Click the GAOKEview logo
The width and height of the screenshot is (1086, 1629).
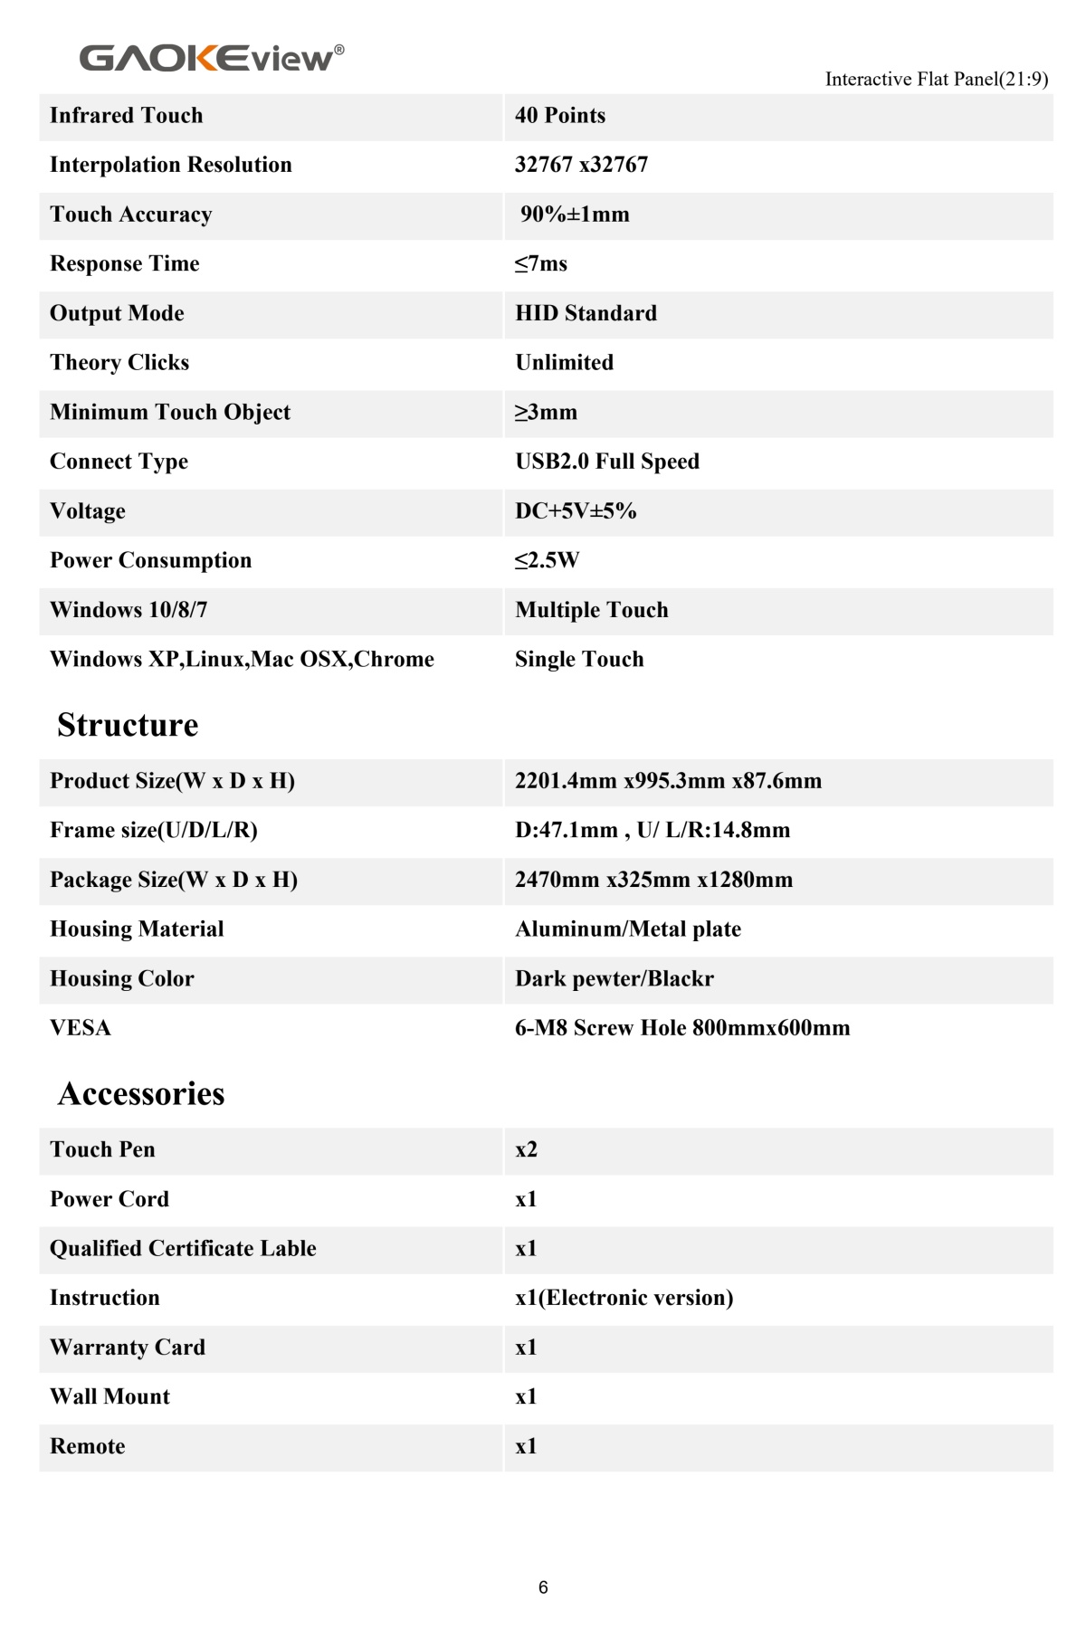click(x=211, y=58)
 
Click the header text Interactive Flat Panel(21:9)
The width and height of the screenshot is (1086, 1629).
click(x=936, y=80)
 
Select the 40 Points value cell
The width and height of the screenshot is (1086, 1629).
click(x=560, y=116)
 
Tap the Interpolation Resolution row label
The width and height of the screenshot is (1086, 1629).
click(x=170, y=165)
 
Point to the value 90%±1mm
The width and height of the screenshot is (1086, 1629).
click(x=575, y=214)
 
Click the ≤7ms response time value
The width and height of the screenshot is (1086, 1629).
click(x=541, y=264)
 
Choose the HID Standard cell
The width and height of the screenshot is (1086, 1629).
click(x=586, y=313)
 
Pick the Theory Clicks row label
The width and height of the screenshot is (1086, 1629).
click(x=119, y=363)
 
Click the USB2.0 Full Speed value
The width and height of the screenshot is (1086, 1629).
click(x=607, y=462)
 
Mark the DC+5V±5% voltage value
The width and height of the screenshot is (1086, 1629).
click(x=576, y=511)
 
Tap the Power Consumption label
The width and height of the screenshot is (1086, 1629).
click(x=150, y=560)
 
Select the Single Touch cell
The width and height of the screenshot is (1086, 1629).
click(x=579, y=660)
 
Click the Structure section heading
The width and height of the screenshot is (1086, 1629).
click(x=128, y=725)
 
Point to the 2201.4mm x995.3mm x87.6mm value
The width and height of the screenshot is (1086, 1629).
click(x=668, y=781)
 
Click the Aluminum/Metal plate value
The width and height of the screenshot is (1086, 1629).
click(x=628, y=929)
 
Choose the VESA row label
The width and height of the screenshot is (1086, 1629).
click(x=81, y=1028)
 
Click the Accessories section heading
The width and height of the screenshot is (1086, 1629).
click(x=141, y=1094)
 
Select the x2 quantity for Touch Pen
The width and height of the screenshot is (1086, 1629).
click(x=526, y=1150)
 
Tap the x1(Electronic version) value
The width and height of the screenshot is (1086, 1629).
click(x=624, y=1298)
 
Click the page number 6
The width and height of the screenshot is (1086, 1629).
click(x=543, y=1587)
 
